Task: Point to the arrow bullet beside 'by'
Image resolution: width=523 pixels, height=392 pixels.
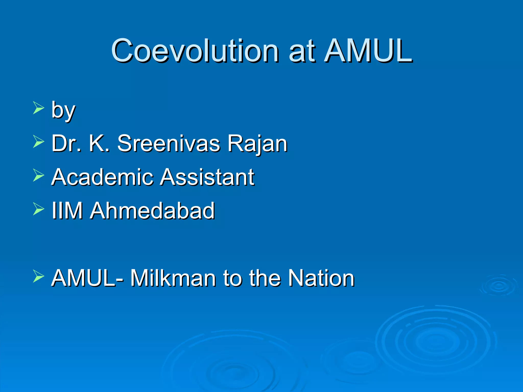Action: click(x=38, y=107)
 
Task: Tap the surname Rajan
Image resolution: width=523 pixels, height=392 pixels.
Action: click(x=257, y=144)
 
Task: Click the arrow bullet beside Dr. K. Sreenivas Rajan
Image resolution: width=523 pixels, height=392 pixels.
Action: click(x=38, y=141)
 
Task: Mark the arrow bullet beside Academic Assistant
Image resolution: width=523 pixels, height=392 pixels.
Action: click(x=38, y=175)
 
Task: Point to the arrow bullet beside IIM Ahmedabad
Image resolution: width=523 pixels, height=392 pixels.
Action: click(x=38, y=209)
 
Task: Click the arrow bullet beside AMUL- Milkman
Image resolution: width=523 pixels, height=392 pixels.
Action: click(x=38, y=276)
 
